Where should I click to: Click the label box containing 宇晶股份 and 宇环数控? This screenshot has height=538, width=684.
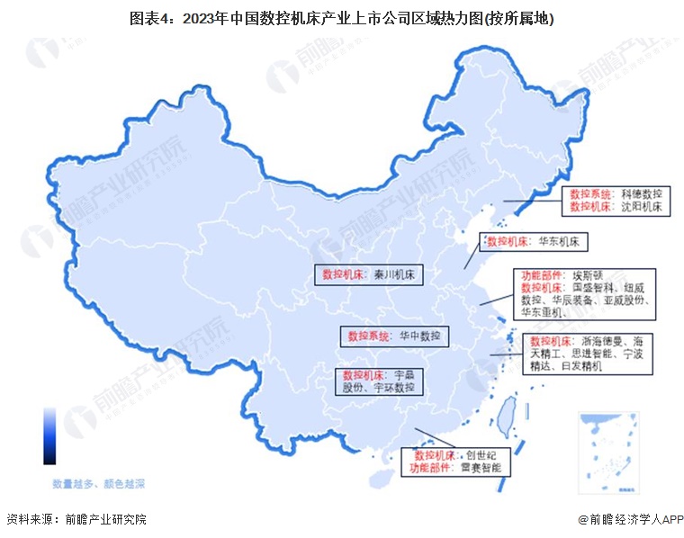[382, 381]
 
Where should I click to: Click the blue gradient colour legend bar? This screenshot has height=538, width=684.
[49, 435]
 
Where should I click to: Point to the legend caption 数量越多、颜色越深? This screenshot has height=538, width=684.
[98, 484]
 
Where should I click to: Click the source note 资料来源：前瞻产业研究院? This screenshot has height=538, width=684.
[76, 519]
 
